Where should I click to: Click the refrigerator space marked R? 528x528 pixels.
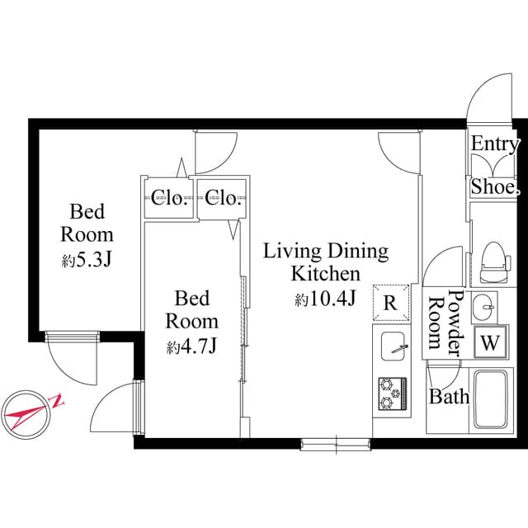click(390, 303)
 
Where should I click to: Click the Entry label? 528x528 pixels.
click(495, 144)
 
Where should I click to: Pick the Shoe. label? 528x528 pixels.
click(495, 188)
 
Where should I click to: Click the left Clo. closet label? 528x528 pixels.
click(168, 197)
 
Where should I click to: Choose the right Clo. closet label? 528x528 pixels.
click(223, 197)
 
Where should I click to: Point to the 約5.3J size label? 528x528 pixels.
click(87, 261)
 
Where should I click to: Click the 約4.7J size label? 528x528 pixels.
click(191, 347)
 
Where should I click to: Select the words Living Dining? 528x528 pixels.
click(326, 251)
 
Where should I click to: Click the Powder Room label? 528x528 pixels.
click(444, 324)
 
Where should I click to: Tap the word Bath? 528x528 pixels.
click(449, 396)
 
